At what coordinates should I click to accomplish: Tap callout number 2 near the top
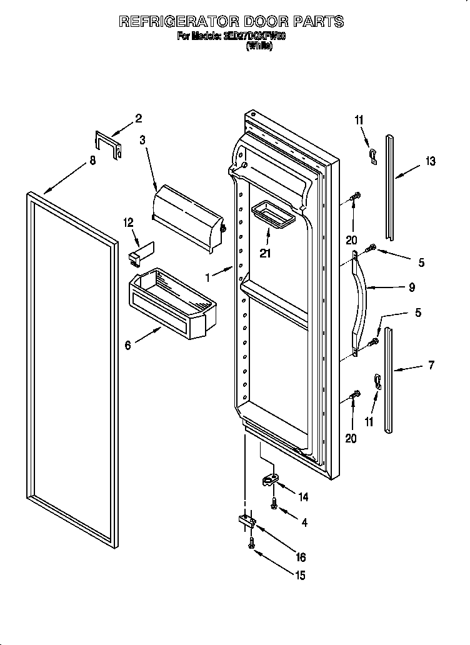point(139,118)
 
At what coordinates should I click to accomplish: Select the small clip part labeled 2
point(108,144)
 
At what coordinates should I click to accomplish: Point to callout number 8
point(92,161)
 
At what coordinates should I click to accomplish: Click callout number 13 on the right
point(430,162)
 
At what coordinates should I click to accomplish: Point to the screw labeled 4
point(274,503)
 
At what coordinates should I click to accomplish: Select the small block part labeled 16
point(246,521)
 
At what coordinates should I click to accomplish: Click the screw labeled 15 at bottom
point(252,544)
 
